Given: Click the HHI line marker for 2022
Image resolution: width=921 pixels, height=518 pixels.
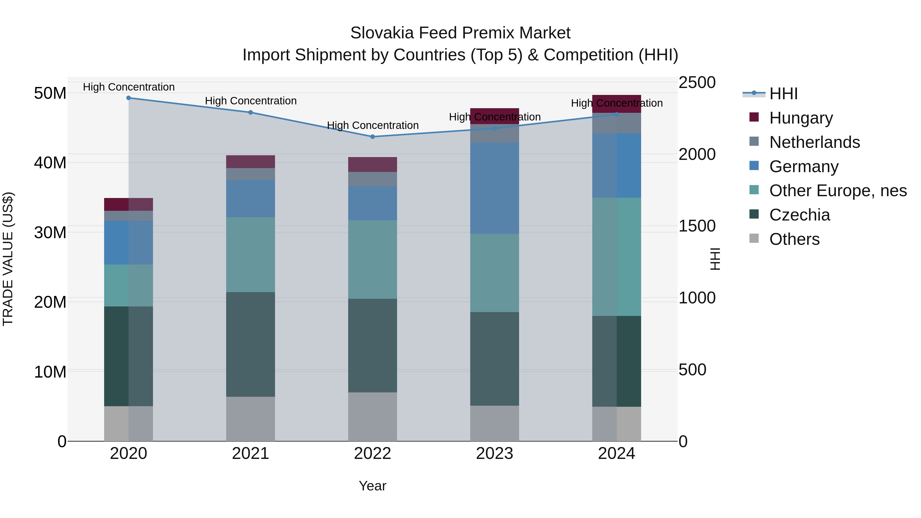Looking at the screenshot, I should click(372, 137).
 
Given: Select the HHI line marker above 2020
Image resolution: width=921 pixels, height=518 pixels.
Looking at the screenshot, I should click(129, 98).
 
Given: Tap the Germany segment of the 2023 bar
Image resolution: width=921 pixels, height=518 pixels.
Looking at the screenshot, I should click(495, 188).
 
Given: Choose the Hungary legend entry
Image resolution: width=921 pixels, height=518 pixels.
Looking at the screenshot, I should click(801, 118).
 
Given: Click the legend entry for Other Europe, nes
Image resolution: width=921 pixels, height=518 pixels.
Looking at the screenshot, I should click(838, 191).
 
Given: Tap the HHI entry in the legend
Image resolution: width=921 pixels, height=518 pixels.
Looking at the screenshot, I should click(783, 94).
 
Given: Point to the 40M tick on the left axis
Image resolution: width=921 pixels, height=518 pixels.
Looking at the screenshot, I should click(50, 163).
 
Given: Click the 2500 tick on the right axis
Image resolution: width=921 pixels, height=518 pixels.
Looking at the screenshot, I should click(697, 83).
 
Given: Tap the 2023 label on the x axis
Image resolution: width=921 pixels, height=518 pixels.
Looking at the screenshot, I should click(495, 454).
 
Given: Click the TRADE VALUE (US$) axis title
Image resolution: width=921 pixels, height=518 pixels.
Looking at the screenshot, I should click(8, 259).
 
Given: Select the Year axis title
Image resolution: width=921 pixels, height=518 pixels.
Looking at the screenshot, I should click(372, 486).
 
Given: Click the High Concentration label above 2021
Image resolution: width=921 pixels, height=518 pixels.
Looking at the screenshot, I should click(251, 101).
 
